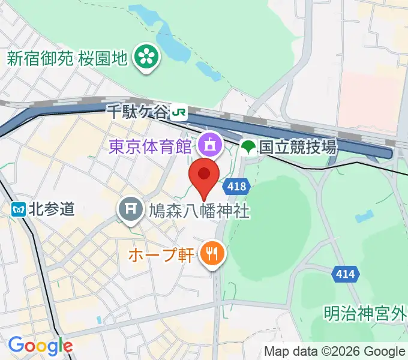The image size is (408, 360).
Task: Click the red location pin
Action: (x=204, y=176)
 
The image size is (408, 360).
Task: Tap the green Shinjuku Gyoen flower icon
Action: (x=145, y=58)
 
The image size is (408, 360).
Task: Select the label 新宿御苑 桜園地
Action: (x=67, y=58)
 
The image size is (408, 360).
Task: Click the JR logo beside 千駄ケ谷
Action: (x=178, y=112)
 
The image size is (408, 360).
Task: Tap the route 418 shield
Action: (x=237, y=187)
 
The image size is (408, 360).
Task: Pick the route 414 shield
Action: (x=345, y=274)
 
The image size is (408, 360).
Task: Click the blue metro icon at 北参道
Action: (x=19, y=209)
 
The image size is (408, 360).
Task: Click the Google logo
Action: (x=40, y=346)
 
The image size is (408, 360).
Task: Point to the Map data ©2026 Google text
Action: (x=335, y=352)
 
